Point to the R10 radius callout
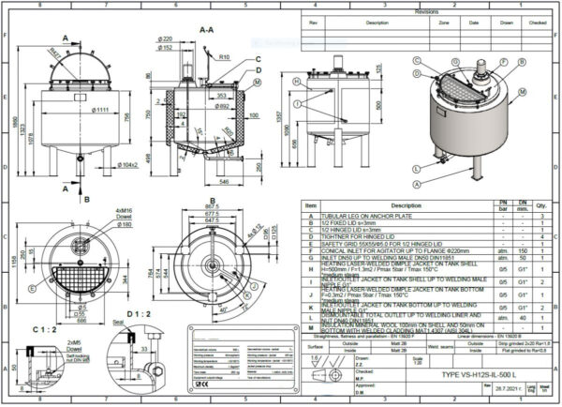226,57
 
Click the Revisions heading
426,12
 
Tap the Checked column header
537,22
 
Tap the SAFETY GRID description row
371,245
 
